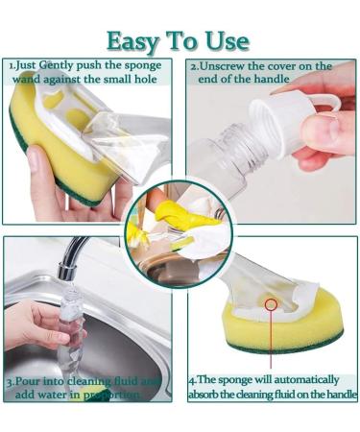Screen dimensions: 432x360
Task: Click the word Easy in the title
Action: tap(133, 41)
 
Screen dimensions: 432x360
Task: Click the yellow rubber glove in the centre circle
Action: tap(173, 216)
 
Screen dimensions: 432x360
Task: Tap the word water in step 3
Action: tap(59, 395)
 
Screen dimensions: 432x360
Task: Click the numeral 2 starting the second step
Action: tap(193, 66)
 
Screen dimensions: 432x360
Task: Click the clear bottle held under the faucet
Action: tap(71, 326)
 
